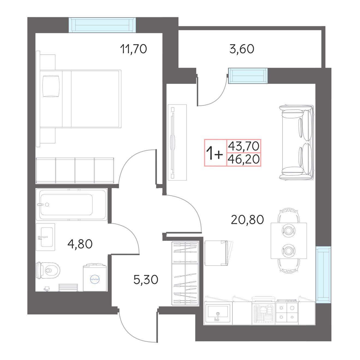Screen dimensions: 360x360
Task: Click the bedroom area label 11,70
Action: [133, 49]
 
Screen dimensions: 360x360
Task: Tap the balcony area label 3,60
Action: [242, 49]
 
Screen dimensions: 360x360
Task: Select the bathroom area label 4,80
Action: [80, 244]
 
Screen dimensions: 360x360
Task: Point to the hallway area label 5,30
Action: [146, 280]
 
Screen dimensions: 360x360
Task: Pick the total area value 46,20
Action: [244, 159]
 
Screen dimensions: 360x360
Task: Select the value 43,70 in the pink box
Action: [244, 146]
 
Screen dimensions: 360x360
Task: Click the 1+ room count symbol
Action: [214, 153]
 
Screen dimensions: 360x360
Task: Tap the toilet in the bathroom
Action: [48, 270]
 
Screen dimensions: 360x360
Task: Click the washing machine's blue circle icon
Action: [95, 280]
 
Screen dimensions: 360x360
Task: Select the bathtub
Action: [71, 204]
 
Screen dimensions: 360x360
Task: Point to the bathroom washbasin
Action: [45, 237]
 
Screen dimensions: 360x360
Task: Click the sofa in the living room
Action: [296, 143]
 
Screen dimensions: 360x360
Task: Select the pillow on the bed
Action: [51, 86]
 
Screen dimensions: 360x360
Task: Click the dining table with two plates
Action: [289, 241]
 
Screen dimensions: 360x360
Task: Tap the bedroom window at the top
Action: [102, 25]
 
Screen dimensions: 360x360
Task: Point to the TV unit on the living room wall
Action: [177, 142]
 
